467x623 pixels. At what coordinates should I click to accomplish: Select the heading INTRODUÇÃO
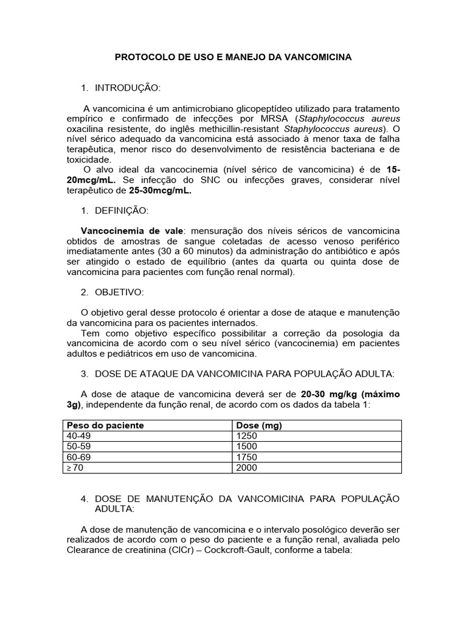pos(127,88)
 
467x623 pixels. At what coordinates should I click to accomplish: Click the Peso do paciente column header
pos(105,425)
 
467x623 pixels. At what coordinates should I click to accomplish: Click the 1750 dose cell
pos(247,457)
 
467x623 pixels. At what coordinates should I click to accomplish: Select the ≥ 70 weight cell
pos(77,468)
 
